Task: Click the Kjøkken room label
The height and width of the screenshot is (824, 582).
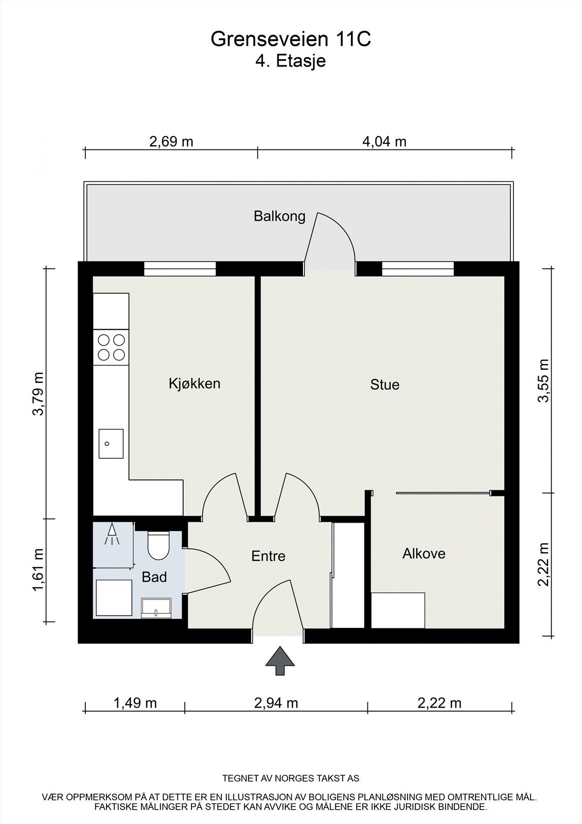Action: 195,384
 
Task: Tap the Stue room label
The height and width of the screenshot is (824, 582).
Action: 384,385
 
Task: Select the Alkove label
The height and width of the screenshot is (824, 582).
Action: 424,553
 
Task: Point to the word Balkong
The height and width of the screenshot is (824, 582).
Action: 279,216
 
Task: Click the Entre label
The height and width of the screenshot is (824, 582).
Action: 269,556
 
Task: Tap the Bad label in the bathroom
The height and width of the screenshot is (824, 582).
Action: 154,577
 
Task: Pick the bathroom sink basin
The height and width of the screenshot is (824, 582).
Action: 156,608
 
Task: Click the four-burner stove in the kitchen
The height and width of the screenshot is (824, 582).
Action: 111,347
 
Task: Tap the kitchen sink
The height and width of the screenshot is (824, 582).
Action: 111,443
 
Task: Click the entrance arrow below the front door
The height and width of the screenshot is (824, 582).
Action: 280,661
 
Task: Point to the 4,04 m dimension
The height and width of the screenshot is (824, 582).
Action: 384,142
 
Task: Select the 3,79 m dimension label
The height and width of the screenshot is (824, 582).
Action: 38,394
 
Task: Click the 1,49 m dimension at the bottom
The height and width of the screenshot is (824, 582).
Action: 135,703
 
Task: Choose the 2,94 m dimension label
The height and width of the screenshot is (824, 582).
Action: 276,703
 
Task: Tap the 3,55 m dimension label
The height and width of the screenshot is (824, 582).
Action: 543,381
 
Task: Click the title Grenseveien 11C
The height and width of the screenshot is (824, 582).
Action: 291,39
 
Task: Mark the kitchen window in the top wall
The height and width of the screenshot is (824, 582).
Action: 180,268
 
